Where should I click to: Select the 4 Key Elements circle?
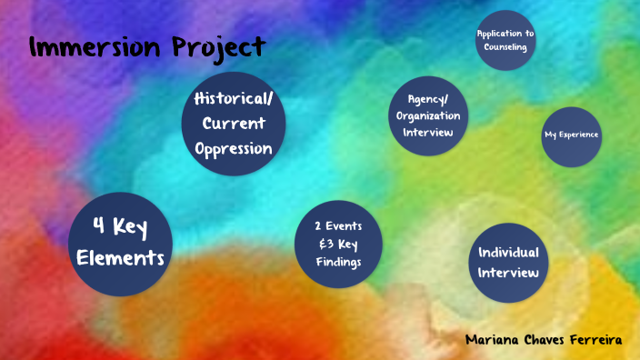(121, 244)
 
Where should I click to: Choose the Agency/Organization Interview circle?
(427, 116)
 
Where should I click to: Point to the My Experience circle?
(572, 135)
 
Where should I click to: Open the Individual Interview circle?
(508, 262)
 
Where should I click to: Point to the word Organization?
(427, 116)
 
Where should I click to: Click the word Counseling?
(505, 47)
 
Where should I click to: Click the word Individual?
(508, 252)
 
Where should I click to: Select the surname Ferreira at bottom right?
(595, 339)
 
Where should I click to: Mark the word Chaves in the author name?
(544, 339)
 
